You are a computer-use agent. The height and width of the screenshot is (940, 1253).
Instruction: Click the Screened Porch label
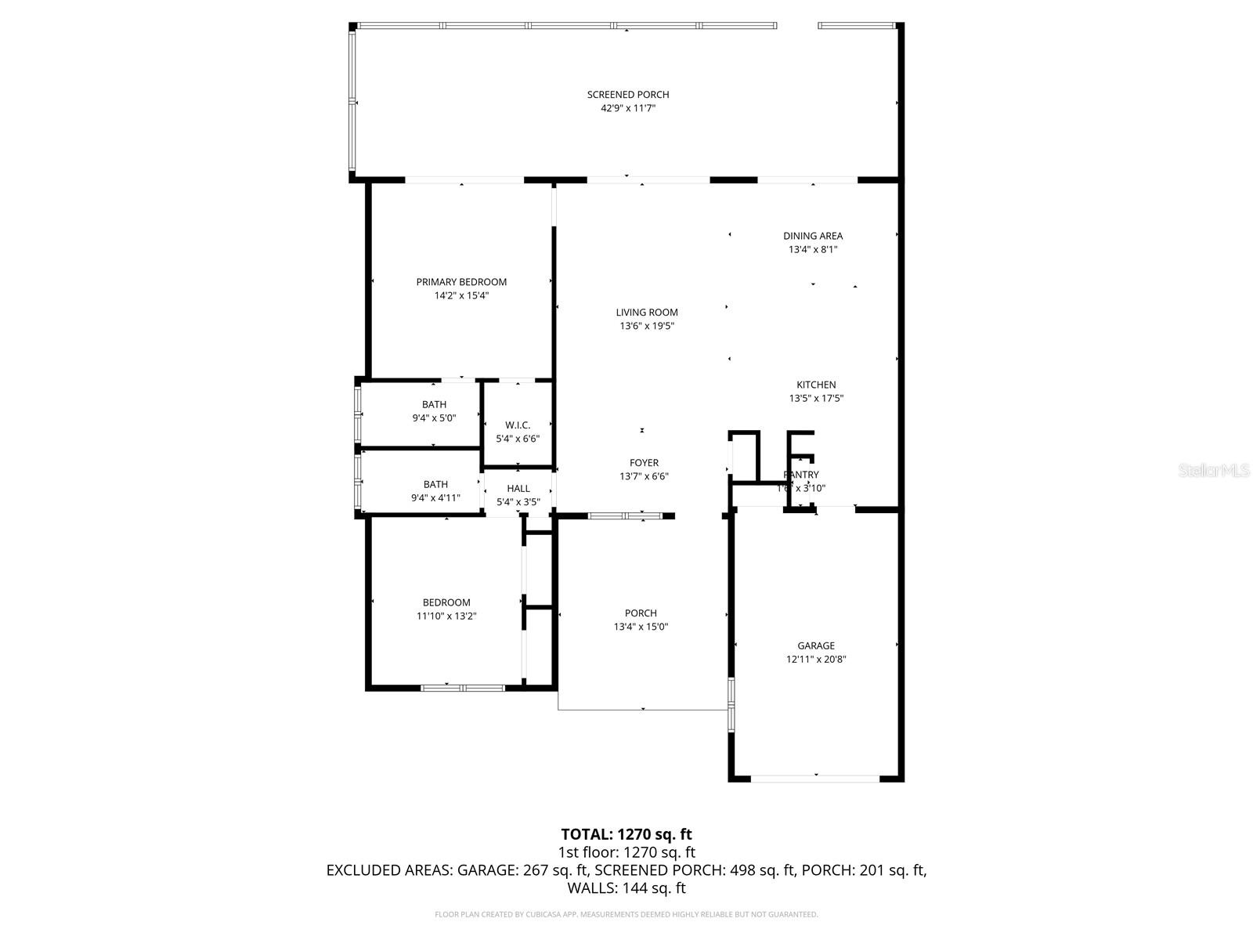(628, 95)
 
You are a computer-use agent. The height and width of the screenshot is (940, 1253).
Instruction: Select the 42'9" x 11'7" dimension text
(628, 109)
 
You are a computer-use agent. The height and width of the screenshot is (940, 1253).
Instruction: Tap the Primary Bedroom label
(461, 282)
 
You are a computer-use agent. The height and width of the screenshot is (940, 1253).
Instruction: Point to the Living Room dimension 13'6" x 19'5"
(647, 326)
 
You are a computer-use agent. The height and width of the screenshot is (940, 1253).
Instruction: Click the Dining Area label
(813, 236)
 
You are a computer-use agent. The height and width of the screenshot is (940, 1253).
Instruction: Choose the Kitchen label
(816, 385)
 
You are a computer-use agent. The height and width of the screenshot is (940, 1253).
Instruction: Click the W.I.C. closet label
(518, 425)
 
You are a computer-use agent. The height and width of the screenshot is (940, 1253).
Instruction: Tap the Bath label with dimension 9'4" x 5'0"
(434, 404)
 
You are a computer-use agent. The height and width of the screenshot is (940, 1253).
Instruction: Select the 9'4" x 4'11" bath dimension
(435, 498)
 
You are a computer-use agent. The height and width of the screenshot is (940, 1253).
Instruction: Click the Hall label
(518, 489)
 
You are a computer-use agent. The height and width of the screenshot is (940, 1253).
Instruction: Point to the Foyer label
(644, 463)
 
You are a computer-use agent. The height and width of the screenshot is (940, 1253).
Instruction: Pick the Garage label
(816, 646)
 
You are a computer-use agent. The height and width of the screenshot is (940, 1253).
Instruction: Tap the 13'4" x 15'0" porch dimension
(641, 627)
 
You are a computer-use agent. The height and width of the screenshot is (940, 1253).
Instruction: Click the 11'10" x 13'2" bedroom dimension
(446, 616)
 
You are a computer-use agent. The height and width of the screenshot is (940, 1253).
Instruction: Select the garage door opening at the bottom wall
(815, 779)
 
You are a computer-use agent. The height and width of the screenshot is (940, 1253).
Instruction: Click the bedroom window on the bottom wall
(462, 688)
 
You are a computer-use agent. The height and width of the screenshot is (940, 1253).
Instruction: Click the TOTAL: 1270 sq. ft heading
(626, 834)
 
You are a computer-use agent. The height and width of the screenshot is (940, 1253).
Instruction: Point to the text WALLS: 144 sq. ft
(626, 888)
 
